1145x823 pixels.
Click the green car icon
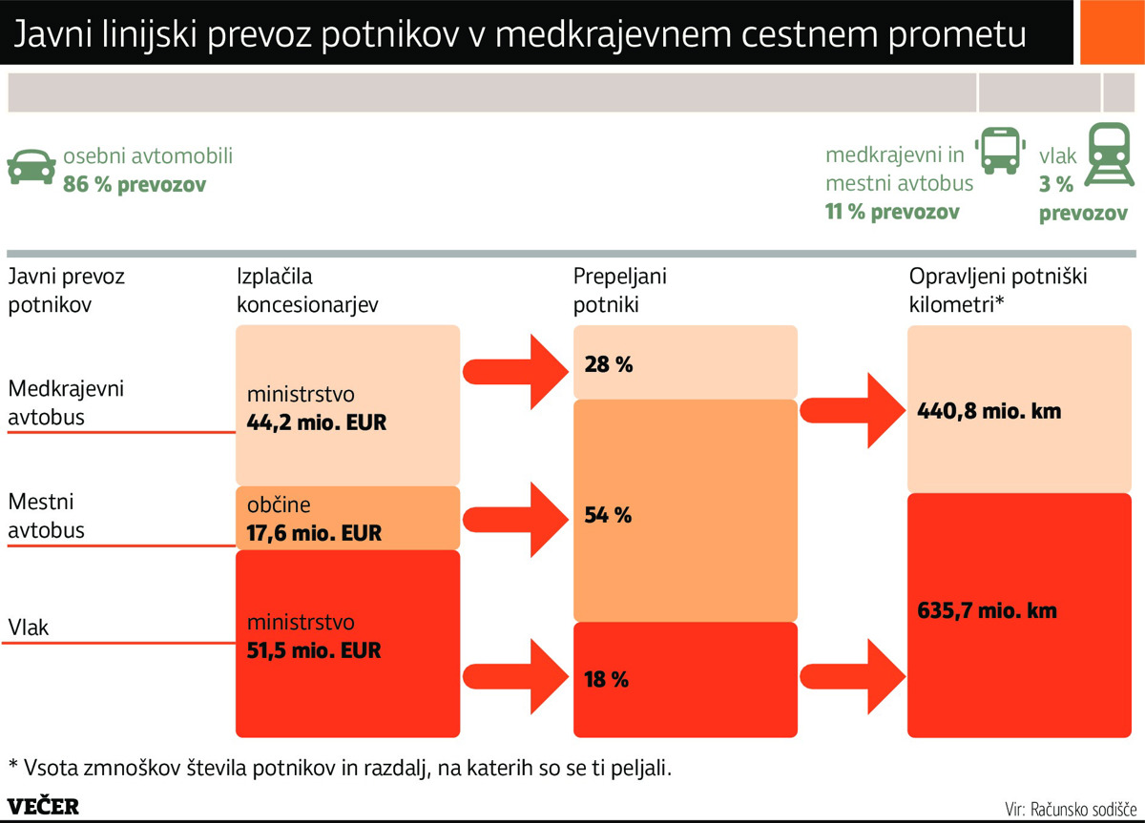point(31,166)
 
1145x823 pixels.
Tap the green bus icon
point(999,152)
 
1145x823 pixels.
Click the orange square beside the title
point(1110,33)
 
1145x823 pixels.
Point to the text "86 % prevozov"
point(135,184)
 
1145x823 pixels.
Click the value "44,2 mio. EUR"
point(316,422)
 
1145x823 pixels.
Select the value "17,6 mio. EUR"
point(314,533)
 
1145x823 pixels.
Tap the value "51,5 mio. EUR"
point(314,651)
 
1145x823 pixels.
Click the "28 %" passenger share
point(609,364)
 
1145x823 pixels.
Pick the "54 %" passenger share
point(609,516)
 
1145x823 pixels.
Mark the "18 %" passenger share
point(607,680)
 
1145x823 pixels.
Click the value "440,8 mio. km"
point(989,412)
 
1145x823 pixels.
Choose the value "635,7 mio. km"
point(987,610)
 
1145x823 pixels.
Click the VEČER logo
point(43,806)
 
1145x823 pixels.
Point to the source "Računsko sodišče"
point(1082,809)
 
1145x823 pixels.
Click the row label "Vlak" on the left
point(29,628)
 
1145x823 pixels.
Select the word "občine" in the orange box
point(279,505)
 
